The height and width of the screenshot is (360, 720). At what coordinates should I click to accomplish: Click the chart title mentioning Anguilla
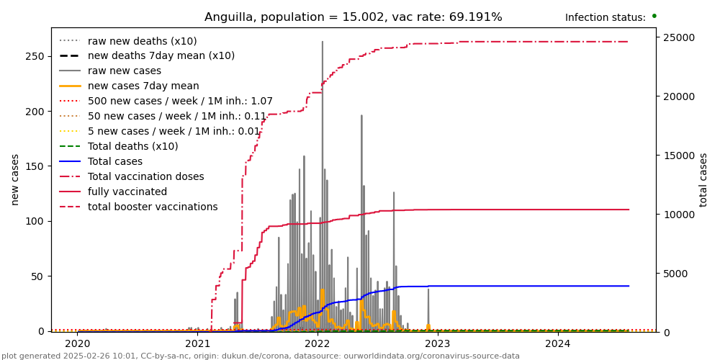353,17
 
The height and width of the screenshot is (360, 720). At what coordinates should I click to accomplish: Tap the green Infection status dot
654,16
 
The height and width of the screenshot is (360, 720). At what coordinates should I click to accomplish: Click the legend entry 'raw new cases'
124,71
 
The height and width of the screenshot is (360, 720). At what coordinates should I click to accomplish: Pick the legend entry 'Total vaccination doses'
145,176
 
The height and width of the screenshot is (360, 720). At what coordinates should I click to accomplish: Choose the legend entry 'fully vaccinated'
127,192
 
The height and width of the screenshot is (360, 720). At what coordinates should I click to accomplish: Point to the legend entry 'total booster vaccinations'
152,207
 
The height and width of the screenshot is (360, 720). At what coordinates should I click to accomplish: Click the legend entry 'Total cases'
114,162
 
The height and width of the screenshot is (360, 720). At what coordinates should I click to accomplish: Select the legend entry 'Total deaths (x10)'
132,147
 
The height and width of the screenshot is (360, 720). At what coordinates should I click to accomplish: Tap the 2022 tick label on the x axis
318,344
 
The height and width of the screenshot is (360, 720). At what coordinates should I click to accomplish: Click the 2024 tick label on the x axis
558,344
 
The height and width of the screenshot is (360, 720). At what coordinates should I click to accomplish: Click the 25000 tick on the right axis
678,37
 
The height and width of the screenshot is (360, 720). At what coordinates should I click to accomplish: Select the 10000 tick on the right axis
678,215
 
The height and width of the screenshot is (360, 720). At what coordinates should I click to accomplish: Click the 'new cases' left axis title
15,179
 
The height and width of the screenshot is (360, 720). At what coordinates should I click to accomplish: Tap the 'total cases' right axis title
704,179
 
